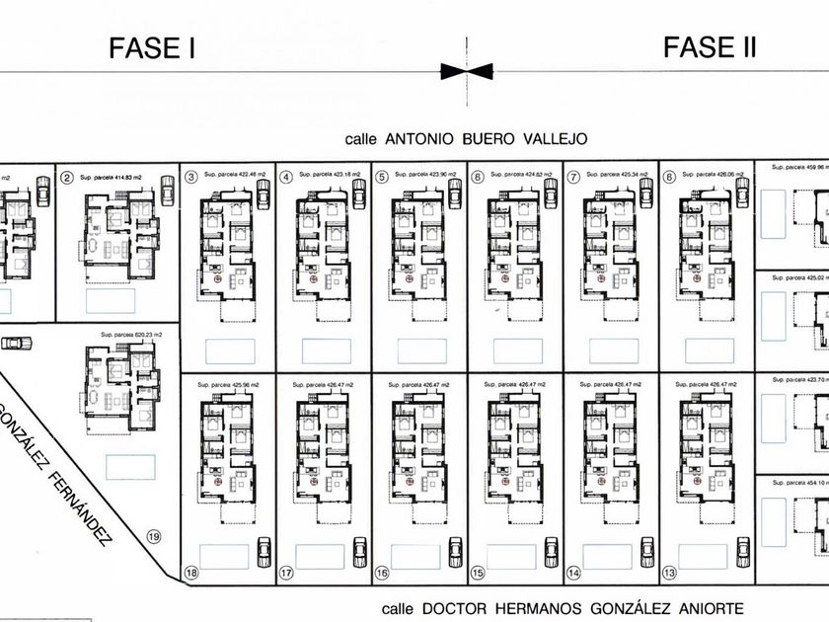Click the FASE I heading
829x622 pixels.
[x=150, y=47]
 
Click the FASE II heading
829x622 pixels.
[x=710, y=46]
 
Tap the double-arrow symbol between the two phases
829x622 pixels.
[x=467, y=70]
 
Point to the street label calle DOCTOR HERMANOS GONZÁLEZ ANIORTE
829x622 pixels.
[x=562, y=609]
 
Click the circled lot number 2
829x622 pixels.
[x=66, y=178]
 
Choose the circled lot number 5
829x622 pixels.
[x=382, y=178]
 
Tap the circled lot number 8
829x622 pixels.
[x=669, y=178]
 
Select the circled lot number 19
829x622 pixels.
[x=153, y=537]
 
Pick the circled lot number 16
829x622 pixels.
[x=382, y=572]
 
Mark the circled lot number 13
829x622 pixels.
[x=669, y=572]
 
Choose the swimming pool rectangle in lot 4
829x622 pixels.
[x=326, y=350]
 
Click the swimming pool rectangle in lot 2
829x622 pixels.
[x=110, y=300]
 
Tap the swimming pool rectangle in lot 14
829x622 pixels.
[x=607, y=556]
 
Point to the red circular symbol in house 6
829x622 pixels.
[x=505, y=279]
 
